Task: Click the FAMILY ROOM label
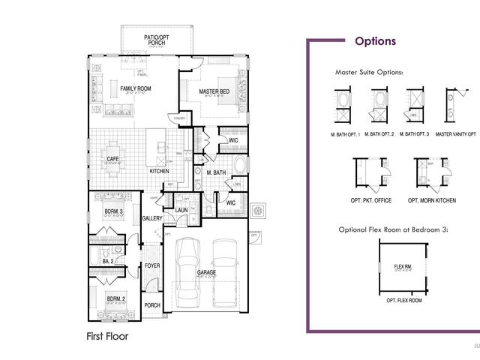(136, 89)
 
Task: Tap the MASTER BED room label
(214, 92)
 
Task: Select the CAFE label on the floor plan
(112, 159)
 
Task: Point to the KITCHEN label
(159, 172)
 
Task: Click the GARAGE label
(206, 272)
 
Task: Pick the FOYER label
(152, 266)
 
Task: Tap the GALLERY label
(152, 219)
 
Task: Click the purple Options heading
(375, 41)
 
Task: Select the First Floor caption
(107, 337)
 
